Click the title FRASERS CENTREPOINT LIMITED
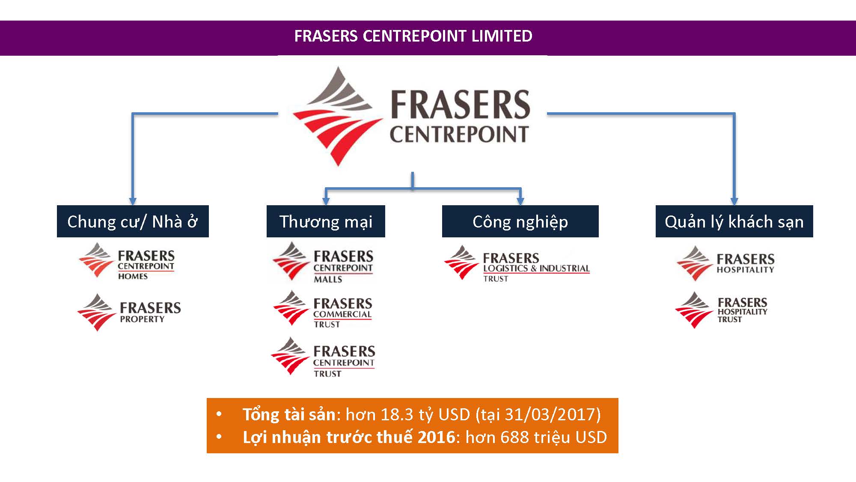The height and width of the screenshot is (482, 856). [x=413, y=36]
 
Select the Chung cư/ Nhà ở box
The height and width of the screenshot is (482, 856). [x=133, y=222]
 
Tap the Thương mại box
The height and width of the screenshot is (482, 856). [x=326, y=222]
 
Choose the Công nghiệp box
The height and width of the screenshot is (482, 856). [x=520, y=222]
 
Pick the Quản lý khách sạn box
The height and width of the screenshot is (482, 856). [x=734, y=222]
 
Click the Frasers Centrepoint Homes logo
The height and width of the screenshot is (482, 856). [x=127, y=261]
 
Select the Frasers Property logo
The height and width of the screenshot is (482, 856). [x=129, y=312]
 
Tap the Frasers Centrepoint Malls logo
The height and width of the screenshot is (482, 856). [x=323, y=262]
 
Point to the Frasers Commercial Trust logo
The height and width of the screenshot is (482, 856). [x=323, y=309]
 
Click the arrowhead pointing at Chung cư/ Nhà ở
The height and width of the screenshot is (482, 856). [x=133, y=201]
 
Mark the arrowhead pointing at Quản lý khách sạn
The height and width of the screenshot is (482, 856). [x=734, y=201]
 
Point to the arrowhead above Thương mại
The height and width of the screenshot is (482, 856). [x=326, y=201]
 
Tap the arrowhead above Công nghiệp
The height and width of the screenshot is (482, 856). [x=520, y=201]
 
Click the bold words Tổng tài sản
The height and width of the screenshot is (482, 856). [x=289, y=415]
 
